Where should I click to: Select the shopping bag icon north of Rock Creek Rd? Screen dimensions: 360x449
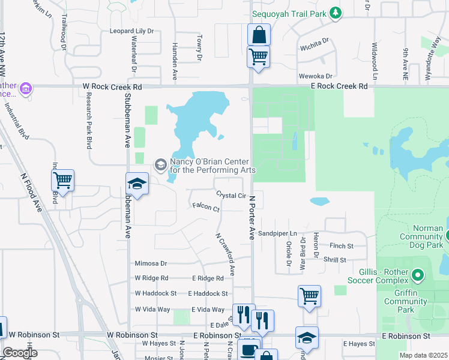[x=259, y=35]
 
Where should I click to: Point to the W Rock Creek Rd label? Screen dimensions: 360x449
[x=112, y=87]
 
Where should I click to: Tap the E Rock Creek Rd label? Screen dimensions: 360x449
[x=339, y=86]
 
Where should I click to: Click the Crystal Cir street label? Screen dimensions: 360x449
[x=231, y=196]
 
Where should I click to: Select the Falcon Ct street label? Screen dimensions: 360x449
[x=206, y=207]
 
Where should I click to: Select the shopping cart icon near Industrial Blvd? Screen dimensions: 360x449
[x=63, y=179]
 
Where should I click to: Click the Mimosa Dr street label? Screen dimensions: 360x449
[x=151, y=263]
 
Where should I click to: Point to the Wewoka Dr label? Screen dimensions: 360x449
[x=316, y=76]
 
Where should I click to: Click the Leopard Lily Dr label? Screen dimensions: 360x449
[x=131, y=31]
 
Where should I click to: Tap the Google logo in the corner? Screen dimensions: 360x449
[x=20, y=353]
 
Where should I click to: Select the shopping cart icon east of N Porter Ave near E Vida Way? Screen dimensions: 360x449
[x=309, y=295]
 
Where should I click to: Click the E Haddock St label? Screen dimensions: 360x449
[x=208, y=293]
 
